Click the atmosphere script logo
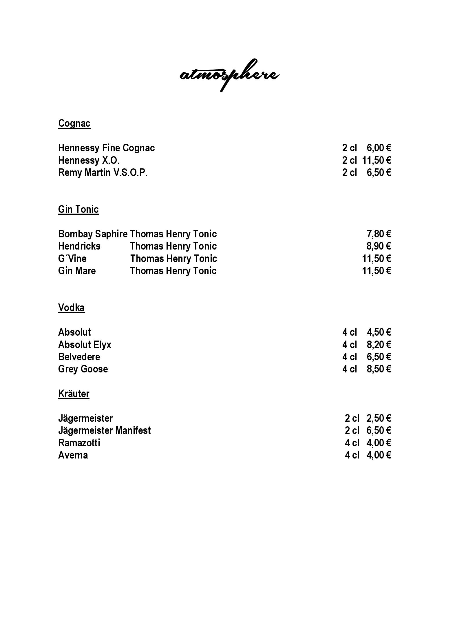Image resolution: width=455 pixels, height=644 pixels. click(229, 75)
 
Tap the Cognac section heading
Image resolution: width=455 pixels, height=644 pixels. click(74, 123)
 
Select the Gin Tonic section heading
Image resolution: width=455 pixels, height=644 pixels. click(78, 209)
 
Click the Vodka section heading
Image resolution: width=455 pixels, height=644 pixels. click(71, 308)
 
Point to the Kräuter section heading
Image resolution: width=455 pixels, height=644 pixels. click(74, 394)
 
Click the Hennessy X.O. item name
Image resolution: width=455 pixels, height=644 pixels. click(89, 160)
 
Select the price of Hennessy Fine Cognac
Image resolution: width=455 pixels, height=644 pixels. click(379, 148)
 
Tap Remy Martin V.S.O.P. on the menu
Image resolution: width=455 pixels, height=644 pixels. click(103, 172)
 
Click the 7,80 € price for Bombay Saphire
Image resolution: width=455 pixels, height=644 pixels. click(379, 234)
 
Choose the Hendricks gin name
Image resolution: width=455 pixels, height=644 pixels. click(79, 246)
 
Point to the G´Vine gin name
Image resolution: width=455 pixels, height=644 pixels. click(72, 259)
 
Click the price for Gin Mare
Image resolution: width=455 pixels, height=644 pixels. click(377, 271)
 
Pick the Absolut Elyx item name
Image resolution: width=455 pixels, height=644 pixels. click(85, 345)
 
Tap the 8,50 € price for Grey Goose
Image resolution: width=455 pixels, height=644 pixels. click(379, 369)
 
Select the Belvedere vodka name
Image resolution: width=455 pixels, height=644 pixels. click(79, 357)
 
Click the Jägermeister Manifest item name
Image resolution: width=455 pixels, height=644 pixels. click(104, 430)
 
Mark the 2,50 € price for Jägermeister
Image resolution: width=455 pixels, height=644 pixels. click(379, 418)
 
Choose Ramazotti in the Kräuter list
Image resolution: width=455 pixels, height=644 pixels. click(79, 443)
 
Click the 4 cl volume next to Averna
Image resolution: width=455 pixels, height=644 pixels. click(352, 455)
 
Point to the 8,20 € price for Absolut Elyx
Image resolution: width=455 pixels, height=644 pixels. click(379, 345)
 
